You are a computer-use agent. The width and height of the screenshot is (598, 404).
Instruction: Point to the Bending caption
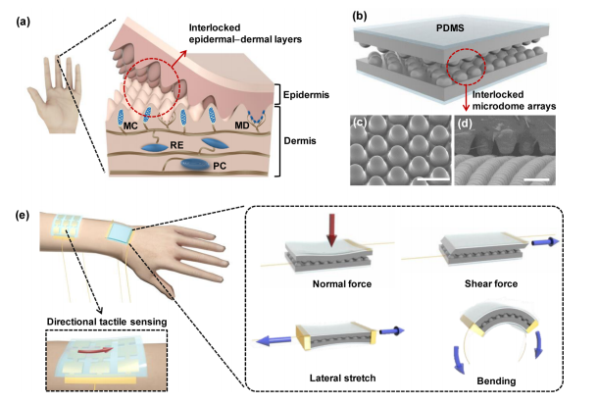point(490,380)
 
